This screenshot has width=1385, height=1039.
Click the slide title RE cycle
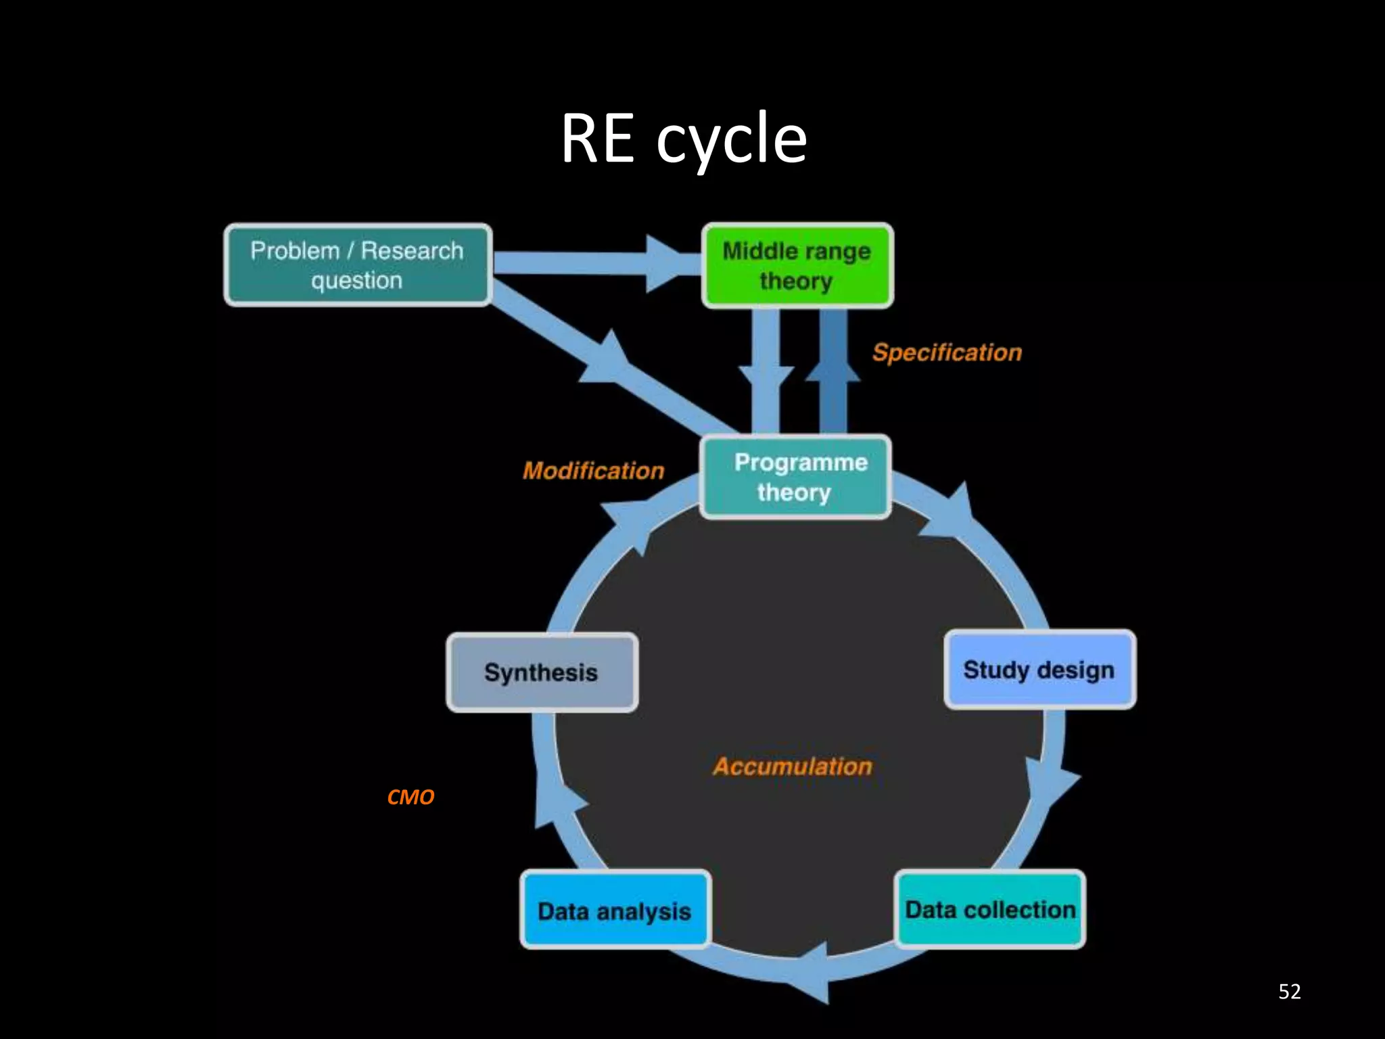click(x=684, y=139)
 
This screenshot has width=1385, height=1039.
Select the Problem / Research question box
click(x=358, y=265)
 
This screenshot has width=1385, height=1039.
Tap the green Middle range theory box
click(x=797, y=266)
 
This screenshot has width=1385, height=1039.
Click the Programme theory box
click(x=795, y=477)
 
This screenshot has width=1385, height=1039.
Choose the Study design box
click(x=1039, y=670)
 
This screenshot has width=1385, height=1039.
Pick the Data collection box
click(x=990, y=910)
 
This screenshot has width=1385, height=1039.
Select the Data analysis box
click(x=615, y=910)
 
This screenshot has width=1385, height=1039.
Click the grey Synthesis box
click(x=542, y=672)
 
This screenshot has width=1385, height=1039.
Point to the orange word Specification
click(x=947, y=352)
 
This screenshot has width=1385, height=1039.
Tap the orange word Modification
click(x=593, y=471)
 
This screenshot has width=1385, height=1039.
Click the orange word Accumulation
click(x=792, y=766)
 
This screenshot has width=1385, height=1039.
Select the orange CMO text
click(x=410, y=797)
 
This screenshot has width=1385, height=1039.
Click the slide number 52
click(x=1289, y=992)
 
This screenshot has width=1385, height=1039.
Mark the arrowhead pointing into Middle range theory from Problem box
click(x=666, y=264)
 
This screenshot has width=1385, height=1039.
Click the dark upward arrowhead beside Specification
click(x=833, y=369)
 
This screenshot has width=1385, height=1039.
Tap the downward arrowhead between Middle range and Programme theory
click(x=766, y=379)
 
